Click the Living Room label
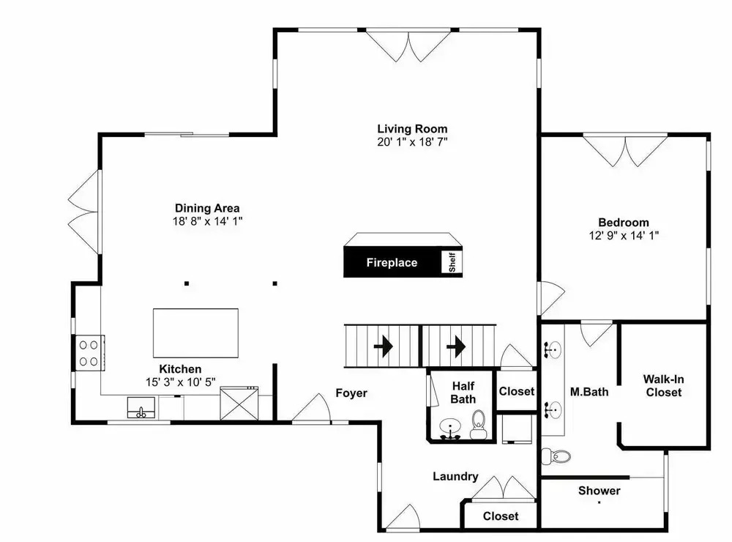click(412, 129)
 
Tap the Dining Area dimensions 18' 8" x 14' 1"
click(207, 221)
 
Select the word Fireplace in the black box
click(392, 263)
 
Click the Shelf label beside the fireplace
click(452, 262)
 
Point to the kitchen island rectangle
click(195, 333)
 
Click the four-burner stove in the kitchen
click(89, 353)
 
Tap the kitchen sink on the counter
click(141, 407)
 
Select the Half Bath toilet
click(478, 424)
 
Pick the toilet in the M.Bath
click(556, 456)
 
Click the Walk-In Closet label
click(663, 386)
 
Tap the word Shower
click(599, 491)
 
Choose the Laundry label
click(455, 477)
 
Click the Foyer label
click(351, 393)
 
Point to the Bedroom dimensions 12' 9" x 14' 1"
click(624, 236)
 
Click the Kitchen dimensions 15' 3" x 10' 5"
click(180, 382)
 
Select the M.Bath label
click(589, 392)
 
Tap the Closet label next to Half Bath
click(516, 391)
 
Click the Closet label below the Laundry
click(501, 516)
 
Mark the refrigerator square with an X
click(239, 404)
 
